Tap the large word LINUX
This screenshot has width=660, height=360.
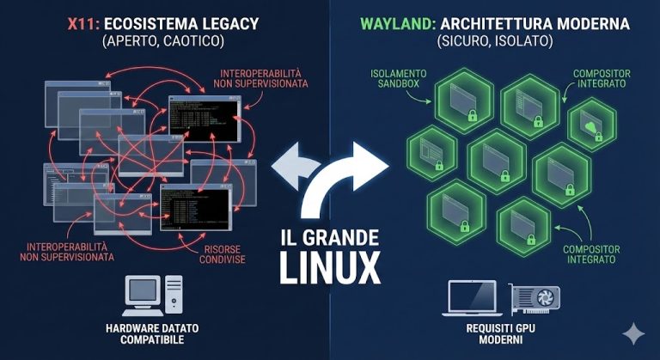[330, 267]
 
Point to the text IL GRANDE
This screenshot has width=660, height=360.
[330, 235]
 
